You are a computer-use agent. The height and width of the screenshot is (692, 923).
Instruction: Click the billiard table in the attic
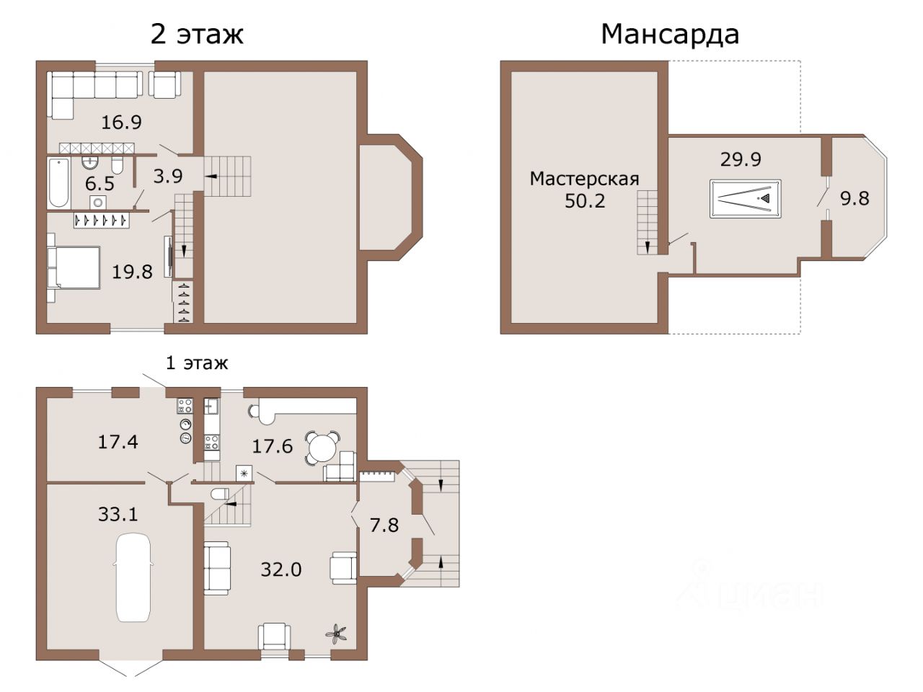pos(745,199)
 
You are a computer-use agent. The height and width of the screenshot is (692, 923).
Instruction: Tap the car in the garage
pos(133,577)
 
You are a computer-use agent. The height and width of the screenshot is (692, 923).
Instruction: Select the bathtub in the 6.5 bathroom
pos(58,183)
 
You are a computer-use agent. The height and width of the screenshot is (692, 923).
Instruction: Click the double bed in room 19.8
pos(74,267)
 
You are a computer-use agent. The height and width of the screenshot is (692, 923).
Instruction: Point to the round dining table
pos(322,448)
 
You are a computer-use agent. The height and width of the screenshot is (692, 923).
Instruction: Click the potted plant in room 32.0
pos(336,634)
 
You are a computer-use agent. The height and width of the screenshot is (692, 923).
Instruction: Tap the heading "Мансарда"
pos(670,35)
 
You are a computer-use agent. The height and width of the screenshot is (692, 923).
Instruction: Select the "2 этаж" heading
pos(197,35)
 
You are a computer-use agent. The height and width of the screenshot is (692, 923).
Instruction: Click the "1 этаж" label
pos(197,363)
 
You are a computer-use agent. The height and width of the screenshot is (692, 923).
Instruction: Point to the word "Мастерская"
pos(585,179)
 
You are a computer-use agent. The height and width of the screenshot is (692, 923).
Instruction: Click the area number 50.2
pos(585,201)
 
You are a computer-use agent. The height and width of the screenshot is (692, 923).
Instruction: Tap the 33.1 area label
pos(118,514)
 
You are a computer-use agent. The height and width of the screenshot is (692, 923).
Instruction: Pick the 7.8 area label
pos(384,525)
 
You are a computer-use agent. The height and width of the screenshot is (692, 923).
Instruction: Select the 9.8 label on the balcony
pos(855,198)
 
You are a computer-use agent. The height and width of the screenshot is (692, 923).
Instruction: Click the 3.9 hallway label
pos(168,177)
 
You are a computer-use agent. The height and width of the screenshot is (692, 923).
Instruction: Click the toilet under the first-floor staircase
pos(220,494)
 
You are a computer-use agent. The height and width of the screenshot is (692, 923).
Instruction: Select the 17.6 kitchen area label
pos(272,446)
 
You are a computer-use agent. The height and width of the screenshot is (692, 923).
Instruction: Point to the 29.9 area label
pos(741,159)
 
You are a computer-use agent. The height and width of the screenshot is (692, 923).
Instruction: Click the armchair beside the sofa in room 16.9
pos(164,85)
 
